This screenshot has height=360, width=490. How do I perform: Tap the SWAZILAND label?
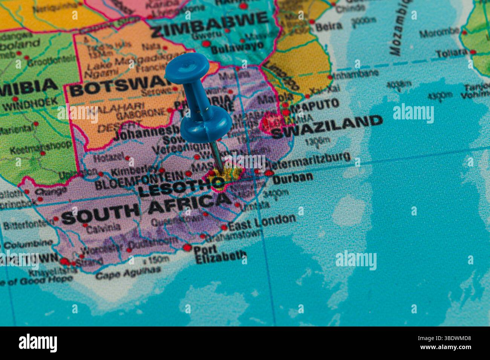point(326,127)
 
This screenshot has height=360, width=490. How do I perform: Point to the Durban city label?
point(292,177)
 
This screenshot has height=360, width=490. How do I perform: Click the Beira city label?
point(329,26)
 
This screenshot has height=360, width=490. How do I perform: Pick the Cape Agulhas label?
point(128,273)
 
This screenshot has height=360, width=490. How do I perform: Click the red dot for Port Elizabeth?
point(187,247)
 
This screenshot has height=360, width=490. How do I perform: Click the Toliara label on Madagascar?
point(452,53)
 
